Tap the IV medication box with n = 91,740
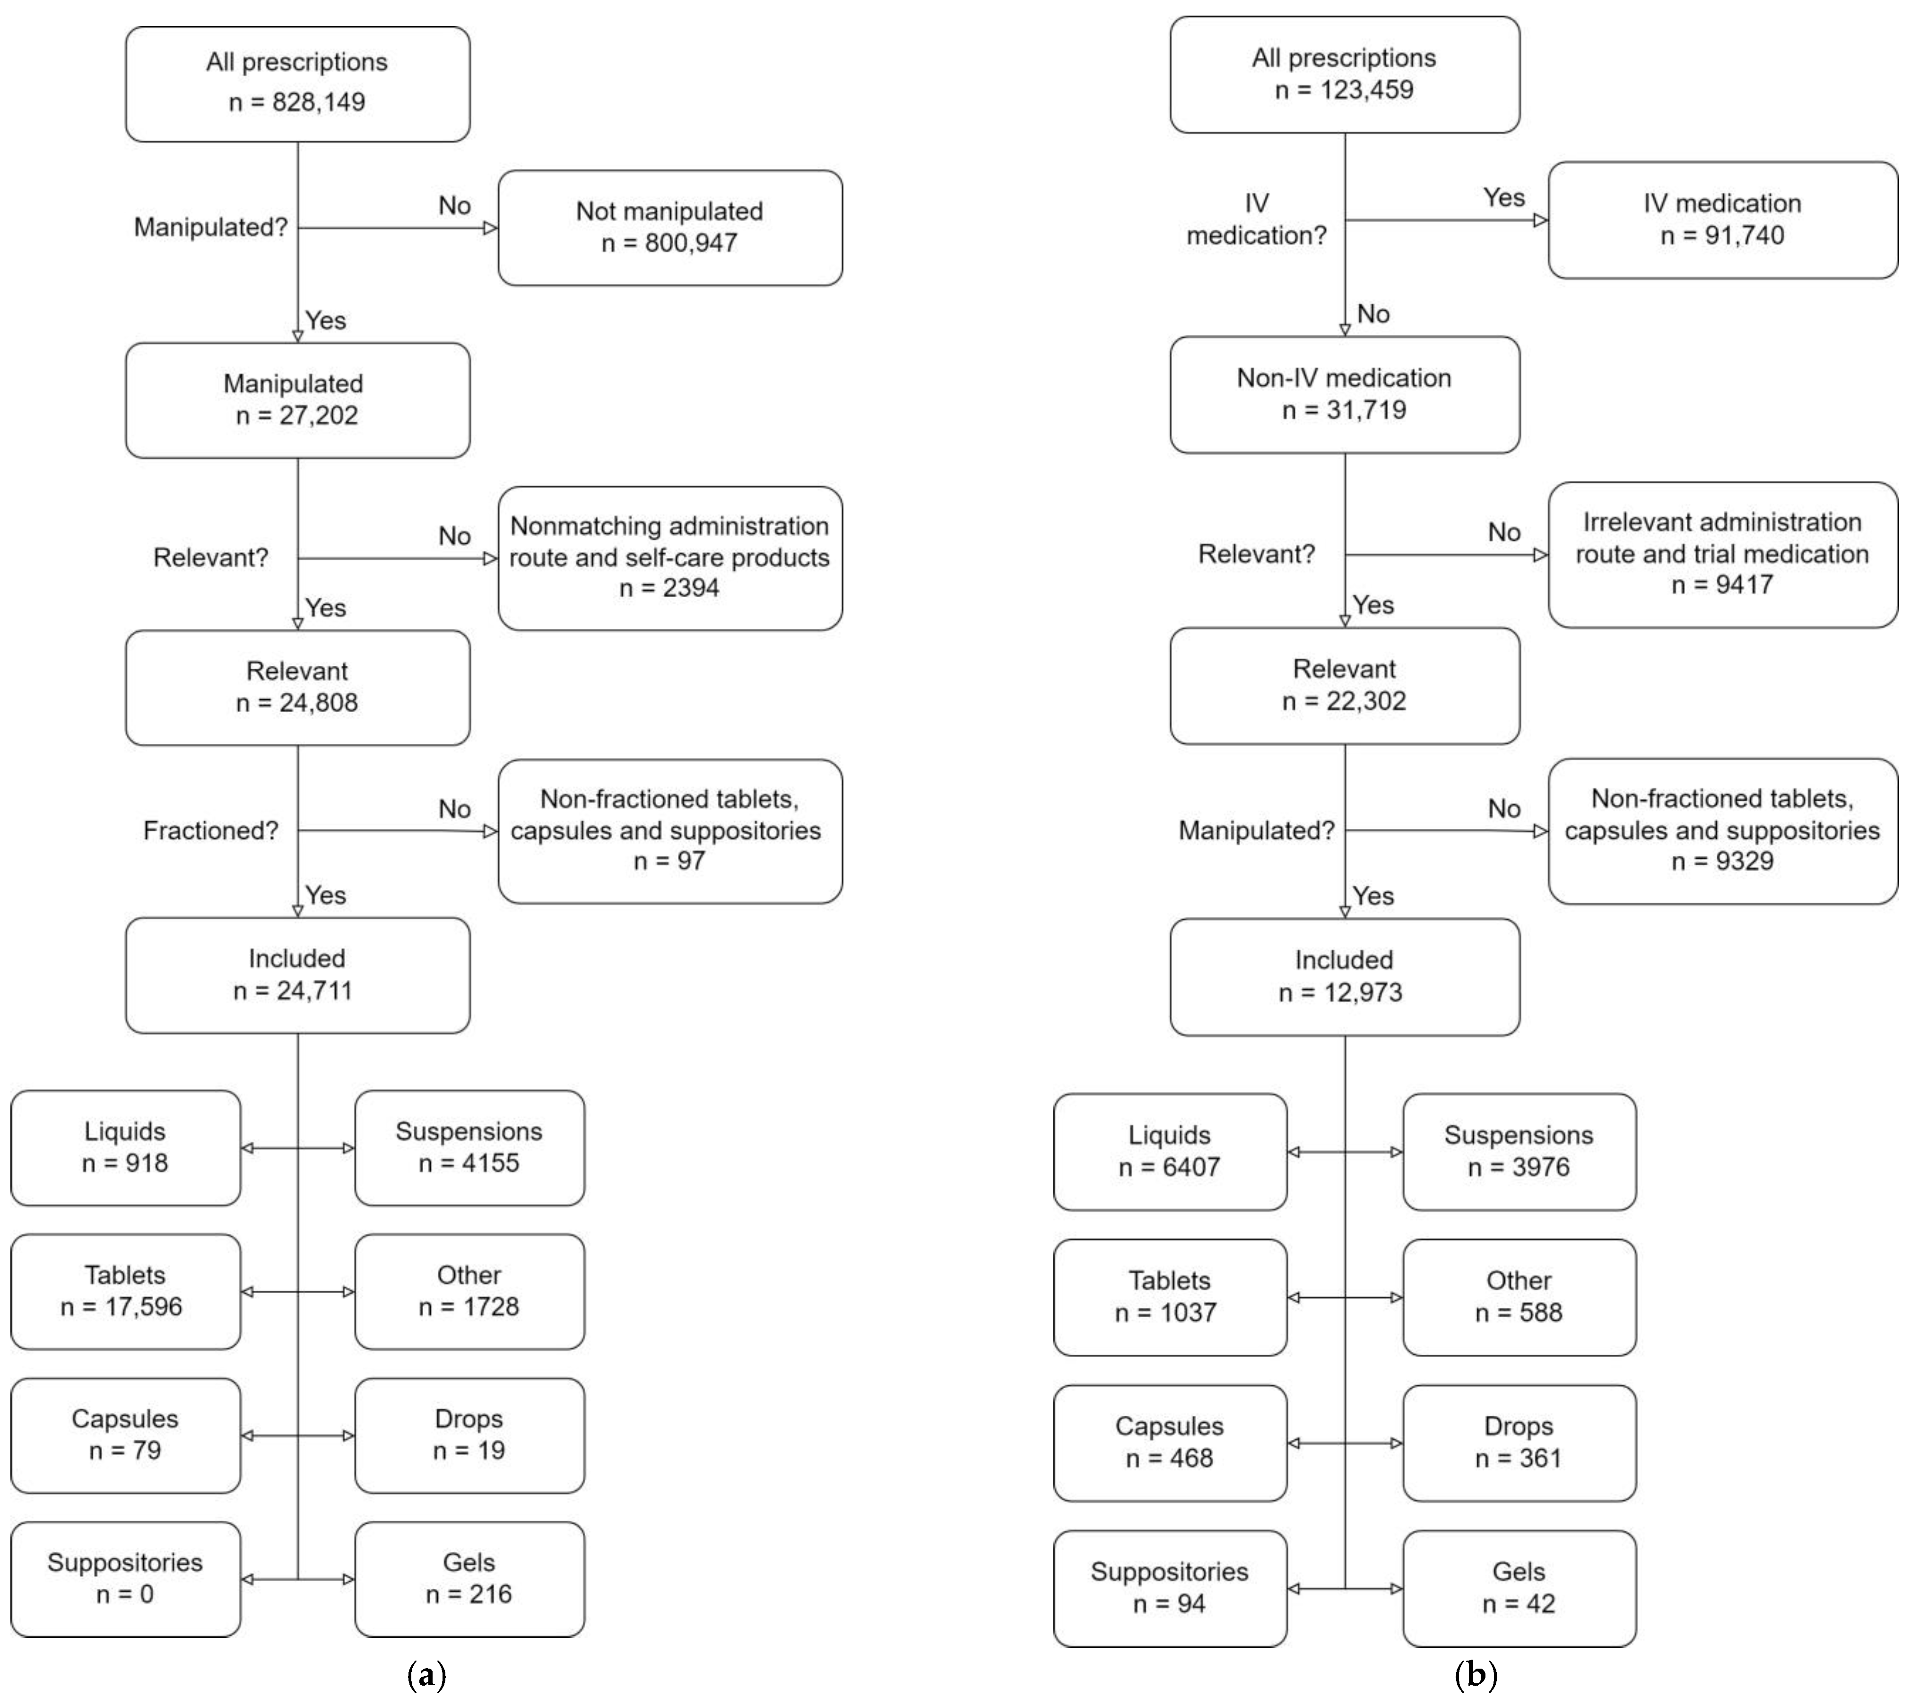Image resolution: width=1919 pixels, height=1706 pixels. click(1722, 220)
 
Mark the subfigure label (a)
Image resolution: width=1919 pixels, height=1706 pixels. click(427, 1674)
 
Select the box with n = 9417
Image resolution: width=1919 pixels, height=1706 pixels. click(1722, 554)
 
